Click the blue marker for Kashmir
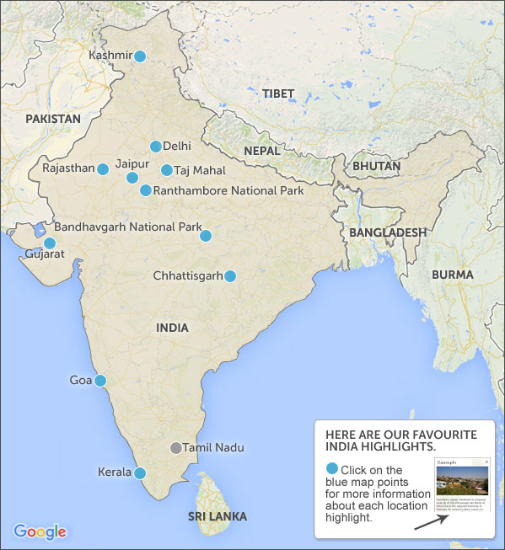(140, 56)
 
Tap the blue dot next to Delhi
(155, 146)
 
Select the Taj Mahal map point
(166, 170)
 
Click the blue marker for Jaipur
(132, 177)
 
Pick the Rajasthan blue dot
(103, 168)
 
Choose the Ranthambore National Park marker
(145, 191)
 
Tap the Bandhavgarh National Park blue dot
(206, 236)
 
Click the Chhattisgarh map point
(230, 275)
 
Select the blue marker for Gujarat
(50, 243)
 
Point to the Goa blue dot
(100, 381)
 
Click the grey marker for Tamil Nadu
(175, 447)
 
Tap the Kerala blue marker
(140, 473)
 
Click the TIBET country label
(278, 93)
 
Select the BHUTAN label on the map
(376, 166)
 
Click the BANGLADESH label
(385, 232)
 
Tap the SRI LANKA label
(218, 515)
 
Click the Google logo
(40, 531)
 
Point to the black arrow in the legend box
(429, 521)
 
